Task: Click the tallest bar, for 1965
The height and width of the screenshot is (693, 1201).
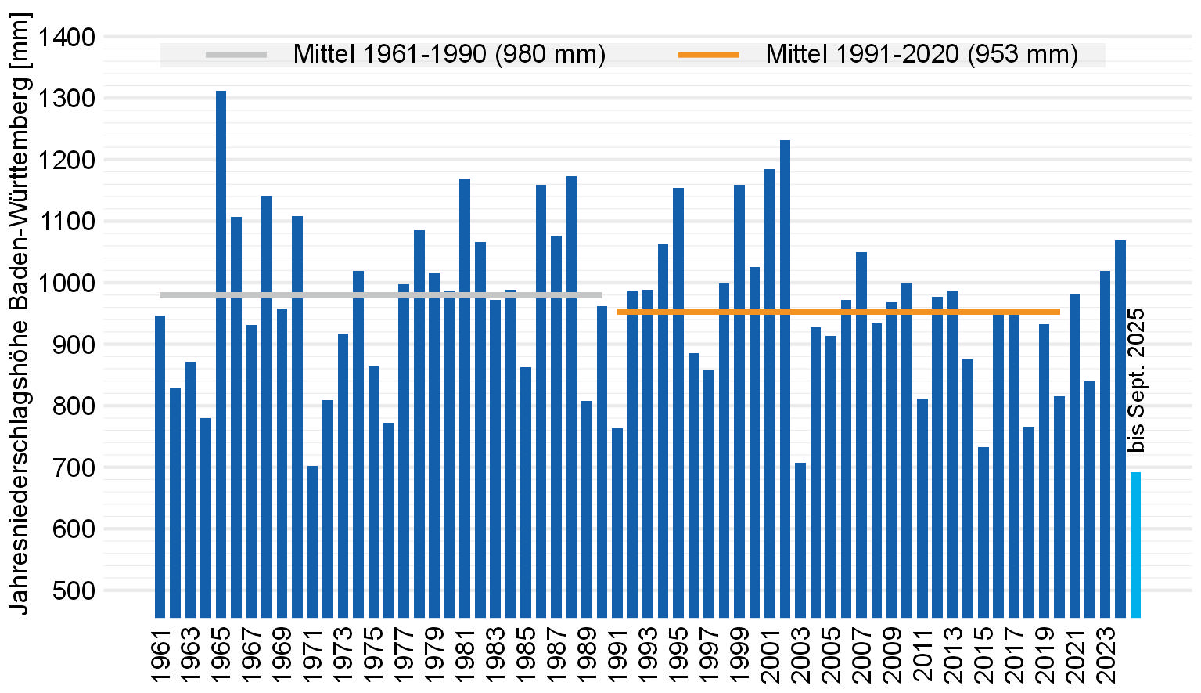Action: click(x=221, y=352)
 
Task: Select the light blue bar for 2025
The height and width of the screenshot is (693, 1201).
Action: click(x=1135, y=544)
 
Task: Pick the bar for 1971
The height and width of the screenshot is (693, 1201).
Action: click(x=312, y=541)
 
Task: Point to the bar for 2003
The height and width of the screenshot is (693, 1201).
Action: click(x=800, y=540)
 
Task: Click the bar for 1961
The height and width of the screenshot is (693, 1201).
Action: click(x=160, y=466)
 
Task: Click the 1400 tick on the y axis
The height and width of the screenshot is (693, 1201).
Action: click(x=67, y=38)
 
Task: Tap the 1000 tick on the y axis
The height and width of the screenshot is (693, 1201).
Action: click(x=67, y=283)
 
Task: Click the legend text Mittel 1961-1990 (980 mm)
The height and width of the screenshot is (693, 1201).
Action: click(x=449, y=55)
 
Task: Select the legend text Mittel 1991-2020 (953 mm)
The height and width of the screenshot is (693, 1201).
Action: click(x=922, y=55)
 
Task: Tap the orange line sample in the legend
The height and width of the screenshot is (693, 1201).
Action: click(x=708, y=55)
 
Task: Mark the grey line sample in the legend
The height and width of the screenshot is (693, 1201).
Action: click(x=236, y=55)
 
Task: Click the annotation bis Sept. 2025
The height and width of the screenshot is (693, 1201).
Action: click(x=1137, y=381)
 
